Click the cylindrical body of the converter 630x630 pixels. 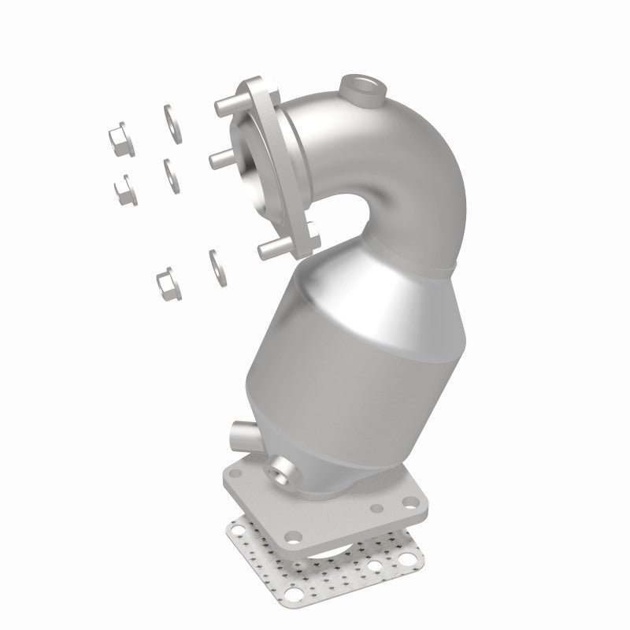pyautogui.click(x=331, y=370)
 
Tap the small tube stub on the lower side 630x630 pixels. pyautogui.click(x=239, y=432)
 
